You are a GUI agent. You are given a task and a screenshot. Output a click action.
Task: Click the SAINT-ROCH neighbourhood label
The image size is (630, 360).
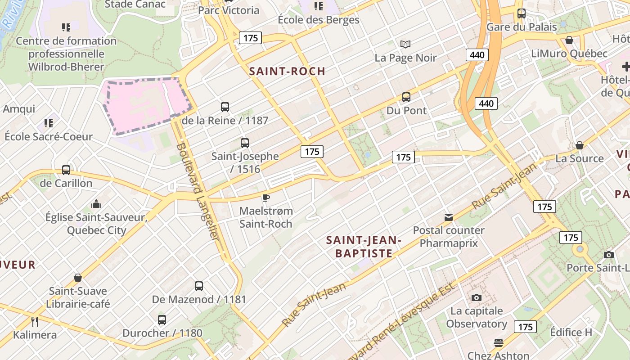(287, 71)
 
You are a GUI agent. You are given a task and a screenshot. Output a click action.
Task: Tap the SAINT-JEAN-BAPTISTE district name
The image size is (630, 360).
(364, 247)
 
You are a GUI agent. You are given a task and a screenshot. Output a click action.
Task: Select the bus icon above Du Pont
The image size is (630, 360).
(406, 97)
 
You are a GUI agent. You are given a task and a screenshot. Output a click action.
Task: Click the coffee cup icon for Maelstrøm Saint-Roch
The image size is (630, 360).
(266, 197)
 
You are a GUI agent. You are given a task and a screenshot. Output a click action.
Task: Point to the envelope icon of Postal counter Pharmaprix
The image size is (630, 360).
(449, 217)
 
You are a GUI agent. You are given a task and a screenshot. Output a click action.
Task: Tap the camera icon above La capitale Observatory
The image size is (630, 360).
(477, 297)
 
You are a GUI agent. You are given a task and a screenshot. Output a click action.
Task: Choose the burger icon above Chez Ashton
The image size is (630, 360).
(498, 342)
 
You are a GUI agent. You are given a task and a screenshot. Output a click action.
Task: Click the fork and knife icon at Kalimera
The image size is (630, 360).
(35, 321)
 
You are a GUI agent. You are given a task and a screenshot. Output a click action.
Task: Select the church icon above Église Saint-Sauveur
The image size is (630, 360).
(96, 204)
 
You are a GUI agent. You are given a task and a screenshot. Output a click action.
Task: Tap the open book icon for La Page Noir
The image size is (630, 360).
(405, 44)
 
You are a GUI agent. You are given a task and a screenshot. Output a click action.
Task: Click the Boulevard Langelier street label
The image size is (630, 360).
(198, 191)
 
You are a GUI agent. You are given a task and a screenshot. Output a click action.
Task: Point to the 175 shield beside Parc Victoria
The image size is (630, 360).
(250, 38)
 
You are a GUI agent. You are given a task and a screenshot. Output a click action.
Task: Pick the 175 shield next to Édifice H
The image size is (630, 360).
(526, 327)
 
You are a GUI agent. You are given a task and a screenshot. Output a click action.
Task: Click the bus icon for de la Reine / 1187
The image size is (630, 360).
(225, 107)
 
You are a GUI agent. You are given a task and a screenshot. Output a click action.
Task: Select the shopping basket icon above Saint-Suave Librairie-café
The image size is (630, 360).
(78, 278)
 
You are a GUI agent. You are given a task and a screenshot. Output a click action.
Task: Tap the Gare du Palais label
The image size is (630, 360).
(522, 27)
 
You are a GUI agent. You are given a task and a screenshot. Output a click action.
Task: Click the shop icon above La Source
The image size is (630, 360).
(580, 145)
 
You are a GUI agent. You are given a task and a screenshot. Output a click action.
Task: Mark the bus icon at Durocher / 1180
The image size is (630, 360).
(162, 320)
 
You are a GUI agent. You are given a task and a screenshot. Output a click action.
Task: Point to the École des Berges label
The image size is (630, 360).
(319, 20)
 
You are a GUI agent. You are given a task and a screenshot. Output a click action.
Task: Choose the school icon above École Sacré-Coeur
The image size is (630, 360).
(49, 123)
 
